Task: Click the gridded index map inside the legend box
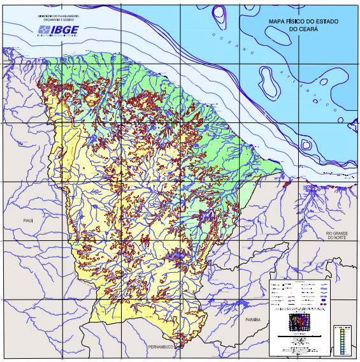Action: [x=298, y=322]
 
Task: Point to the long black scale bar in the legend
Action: [x=297, y=337]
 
